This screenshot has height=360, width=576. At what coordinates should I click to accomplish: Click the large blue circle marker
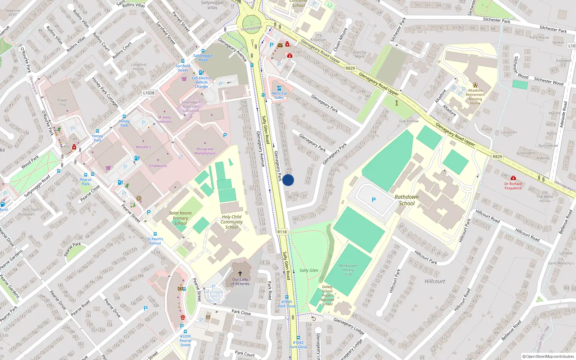coord(288,180)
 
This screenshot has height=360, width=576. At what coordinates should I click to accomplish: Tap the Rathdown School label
coord(406,200)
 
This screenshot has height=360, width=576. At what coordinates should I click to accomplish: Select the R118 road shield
coord(282,232)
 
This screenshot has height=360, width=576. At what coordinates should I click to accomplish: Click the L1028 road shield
coord(149,93)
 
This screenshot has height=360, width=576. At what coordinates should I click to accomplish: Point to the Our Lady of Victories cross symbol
coord(240,274)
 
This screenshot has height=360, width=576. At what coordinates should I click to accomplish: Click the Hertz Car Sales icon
coord(279,88)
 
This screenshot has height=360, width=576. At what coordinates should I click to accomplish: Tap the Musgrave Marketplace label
coord(205,151)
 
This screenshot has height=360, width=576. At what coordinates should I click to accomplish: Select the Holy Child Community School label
coord(231,222)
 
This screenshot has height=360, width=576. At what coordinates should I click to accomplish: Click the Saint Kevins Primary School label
coord(180,218)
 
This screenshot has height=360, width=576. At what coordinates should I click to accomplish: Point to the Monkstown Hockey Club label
coord(348,270)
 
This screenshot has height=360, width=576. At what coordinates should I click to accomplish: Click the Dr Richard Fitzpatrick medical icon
coord(513,178)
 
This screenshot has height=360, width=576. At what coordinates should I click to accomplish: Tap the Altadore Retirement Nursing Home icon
coord(475,85)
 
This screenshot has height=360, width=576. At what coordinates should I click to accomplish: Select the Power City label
coord(62,102)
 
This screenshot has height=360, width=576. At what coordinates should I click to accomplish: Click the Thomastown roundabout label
coord(251,28)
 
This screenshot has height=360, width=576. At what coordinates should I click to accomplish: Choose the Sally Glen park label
coord(309,270)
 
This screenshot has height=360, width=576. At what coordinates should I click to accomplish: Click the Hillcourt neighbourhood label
coord(435,281)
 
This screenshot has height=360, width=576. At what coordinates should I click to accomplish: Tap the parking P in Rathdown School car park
coord(374,200)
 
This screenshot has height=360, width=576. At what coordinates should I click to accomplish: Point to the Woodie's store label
coord(143,147)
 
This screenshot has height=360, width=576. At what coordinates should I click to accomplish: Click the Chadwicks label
coord(158,166)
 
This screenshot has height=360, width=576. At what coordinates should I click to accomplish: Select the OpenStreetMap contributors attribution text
coord(548,357)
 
